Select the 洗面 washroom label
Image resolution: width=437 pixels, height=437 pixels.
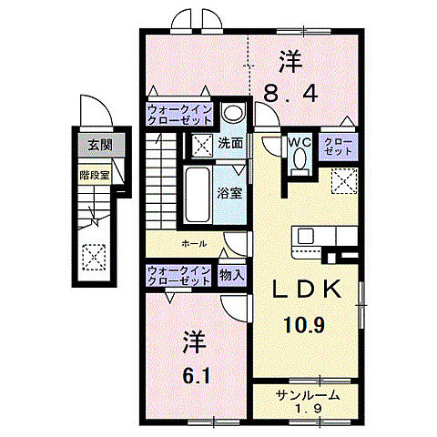tap(230, 144)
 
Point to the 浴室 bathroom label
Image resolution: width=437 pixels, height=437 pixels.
tap(230, 193)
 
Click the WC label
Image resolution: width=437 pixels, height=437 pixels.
tap(300, 143)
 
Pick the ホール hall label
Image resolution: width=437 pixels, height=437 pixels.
tap(193, 244)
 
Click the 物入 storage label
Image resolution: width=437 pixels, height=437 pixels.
tap(231, 274)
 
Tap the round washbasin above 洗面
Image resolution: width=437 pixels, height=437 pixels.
tap(232, 114)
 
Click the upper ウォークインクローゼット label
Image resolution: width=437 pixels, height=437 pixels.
tap(180, 117)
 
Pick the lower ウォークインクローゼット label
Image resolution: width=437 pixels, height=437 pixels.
tap(180, 275)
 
